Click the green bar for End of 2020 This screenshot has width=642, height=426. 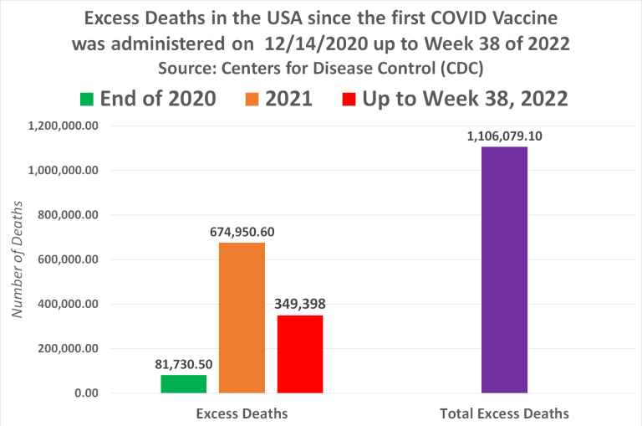184,383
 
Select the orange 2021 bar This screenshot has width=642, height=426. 242,317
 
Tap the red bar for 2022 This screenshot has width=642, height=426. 300,353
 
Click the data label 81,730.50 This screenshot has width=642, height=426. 184,365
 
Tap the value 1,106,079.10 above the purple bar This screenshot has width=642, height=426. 505,136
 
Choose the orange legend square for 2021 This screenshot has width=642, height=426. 251,100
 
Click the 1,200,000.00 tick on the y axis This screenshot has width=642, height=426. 64,126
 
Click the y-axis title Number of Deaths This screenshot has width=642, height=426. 16,259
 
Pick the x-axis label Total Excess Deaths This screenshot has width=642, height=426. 504,413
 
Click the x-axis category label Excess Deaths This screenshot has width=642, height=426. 242,413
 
